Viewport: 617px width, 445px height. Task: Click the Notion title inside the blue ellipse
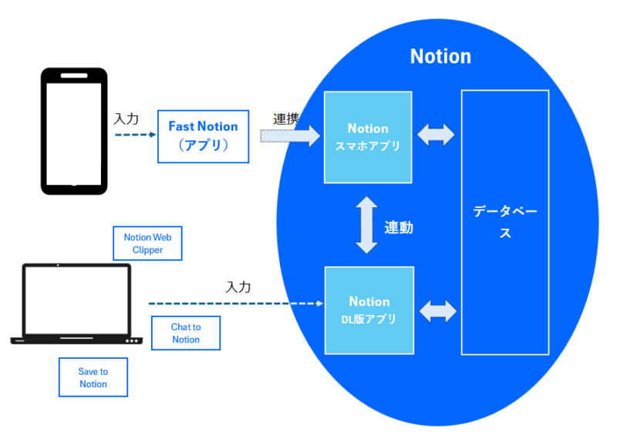pos(440,56)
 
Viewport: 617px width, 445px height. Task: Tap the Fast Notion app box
pos(204,136)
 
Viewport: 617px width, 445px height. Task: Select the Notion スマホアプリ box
pos(368,137)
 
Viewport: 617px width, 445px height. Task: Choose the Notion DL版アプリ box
pos(369,309)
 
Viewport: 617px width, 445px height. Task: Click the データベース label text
pos(504,222)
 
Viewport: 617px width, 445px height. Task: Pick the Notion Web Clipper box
pos(147,243)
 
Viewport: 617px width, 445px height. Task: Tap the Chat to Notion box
pos(186,333)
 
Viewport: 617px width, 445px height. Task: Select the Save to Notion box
pos(93,377)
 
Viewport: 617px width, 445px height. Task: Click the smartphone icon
pos(74,130)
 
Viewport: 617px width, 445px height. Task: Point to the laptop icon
pos(76,304)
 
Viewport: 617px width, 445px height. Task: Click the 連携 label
pos(286,119)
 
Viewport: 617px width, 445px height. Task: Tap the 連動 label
pos(399,227)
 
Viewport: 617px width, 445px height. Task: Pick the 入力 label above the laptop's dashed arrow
pos(238,286)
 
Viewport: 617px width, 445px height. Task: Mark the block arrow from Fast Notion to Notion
pos(290,137)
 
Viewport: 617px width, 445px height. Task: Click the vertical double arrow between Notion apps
pos(367,225)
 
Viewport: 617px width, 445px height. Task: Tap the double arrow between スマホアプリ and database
pos(436,135)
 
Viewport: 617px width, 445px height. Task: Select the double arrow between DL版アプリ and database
pos(438,311)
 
